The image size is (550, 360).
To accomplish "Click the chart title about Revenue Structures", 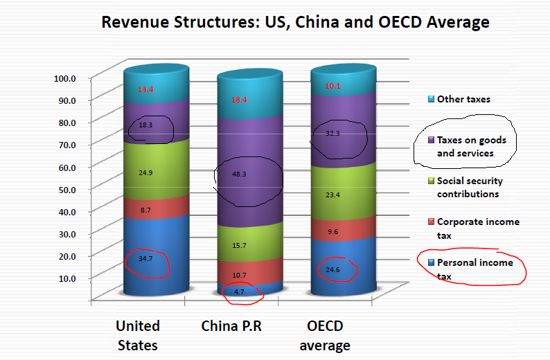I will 295,22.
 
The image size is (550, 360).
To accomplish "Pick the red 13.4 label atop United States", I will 145,89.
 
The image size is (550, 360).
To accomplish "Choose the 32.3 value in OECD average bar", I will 334,134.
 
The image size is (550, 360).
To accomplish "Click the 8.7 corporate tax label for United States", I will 145,208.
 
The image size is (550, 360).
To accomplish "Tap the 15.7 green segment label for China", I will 240,246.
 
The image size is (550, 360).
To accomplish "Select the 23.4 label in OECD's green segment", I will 334,196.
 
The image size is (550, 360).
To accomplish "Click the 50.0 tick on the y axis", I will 66,188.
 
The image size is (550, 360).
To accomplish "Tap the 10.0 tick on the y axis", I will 66,278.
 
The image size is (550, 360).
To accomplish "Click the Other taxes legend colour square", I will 430,99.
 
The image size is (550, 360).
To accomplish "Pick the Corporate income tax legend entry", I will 477,228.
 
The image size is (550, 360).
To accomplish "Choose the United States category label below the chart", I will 138,335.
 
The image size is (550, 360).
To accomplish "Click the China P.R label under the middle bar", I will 231,326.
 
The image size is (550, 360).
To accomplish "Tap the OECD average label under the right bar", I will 324,335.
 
